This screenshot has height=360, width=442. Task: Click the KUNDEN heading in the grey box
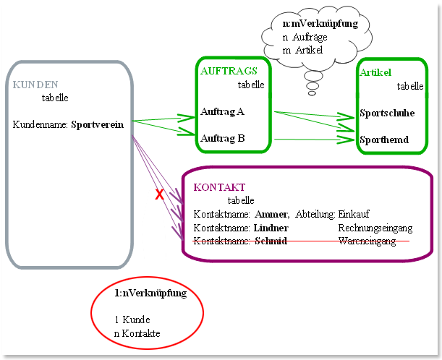pyautogui.click(x=35, y=85)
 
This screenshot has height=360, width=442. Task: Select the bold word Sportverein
pyautogui.click(x=97, y=124)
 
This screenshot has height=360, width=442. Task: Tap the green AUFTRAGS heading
pyautogui.click(x=229, y=71)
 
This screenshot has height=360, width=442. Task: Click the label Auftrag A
pyautogui.click(x=222, y=112)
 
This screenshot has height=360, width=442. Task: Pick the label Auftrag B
pyautogui.click(x=222, y=138)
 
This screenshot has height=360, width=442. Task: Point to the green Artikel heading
pyautogui.click(x=375, y=73)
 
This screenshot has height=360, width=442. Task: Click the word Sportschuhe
pyautogui.click(x=387, y=113)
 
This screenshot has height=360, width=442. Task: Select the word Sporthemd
pyautogui.click(x=384, y=140)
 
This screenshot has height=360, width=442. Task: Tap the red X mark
pyautogui.click(x=159, y=194)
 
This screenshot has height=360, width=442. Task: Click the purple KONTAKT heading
pyautogui.click(x=219, y=187)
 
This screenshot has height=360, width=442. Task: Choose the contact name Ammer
pyautogui.click(x=271, y=215)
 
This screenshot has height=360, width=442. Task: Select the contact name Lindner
pyautogui.click(x=271, y=228)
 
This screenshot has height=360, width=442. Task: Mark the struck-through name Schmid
pyautogui.click(x=271, y=241)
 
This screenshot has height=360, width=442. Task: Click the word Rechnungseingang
pyautogui.click(x=375, y=228)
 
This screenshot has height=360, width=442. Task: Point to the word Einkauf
pyautogui.click(x=354, y=214)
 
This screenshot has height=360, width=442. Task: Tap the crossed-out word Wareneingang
pyautogui.click(x=367, y=241)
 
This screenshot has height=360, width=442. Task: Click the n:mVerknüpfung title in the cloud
pyautogui.click(x=320, y=24)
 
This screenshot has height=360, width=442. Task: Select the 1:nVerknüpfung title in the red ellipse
pyautogui.click(x=150, y=293)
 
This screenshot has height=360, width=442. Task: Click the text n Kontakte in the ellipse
pyautogui.click(x=137, y=333)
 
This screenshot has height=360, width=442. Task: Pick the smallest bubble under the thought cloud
pyautogui.click(x=312, y=93)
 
